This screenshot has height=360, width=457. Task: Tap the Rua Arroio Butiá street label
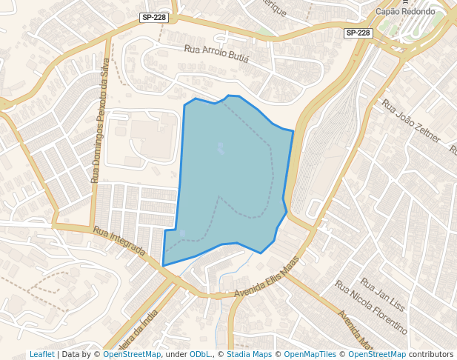pos(216,53)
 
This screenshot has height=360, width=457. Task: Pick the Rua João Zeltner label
pos(411,121)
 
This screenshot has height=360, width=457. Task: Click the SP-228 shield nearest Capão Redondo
pos(358,33)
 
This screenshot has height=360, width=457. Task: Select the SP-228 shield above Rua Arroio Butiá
pos(153,16)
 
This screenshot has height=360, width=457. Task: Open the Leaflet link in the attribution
pos(41,355)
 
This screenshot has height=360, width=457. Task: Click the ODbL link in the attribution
pos(199,355)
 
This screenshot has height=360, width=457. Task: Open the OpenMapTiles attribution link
pos(310,355)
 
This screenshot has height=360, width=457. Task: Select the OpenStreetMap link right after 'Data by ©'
pos(132,355)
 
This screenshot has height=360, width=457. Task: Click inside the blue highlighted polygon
pos(230,170)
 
